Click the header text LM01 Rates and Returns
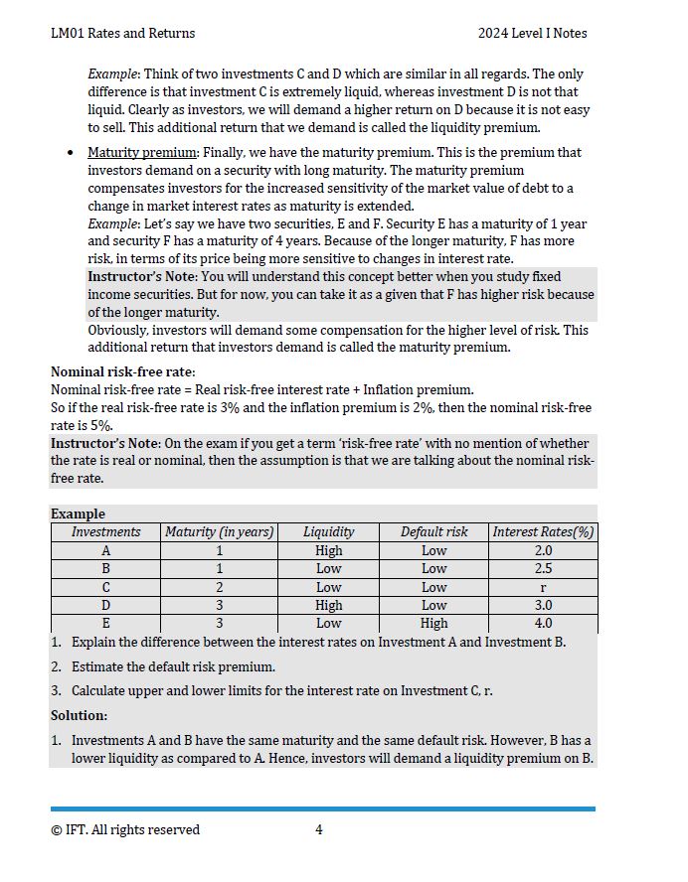click(122, 33)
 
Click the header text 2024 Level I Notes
click(532, 33)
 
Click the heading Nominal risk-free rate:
click(122, 371)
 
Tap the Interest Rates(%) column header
click(543, 531)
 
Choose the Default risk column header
click(433, 531)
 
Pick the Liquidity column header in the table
click(328, 531)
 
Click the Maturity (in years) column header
click(219, 531)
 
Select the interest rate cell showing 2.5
click(543, 568)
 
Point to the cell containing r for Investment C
click(543, 587)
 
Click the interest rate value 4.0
click(543, 624)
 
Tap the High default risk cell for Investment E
click(433, 624)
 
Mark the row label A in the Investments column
click(106, 550)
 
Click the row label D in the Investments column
click(106, 605)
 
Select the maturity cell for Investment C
click(219, 587)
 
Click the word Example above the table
click(78, 514)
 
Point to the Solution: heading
click(79, 715)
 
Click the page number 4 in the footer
click(318, 829)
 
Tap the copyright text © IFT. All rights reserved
click(125, 829)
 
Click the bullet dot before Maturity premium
click(69, 153)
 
